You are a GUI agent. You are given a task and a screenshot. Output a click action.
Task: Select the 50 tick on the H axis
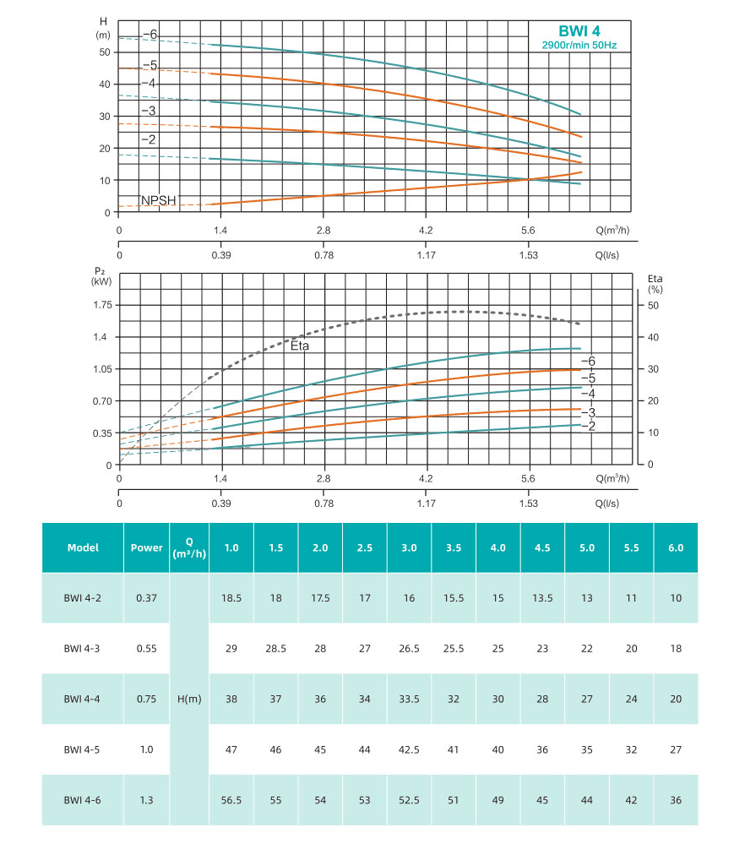click(104, 52)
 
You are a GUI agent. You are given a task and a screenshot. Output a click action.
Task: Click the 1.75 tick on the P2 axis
click(101, 305)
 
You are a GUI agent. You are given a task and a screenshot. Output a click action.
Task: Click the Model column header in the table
click(83, 547)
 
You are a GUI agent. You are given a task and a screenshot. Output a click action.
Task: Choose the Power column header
click(147, 547)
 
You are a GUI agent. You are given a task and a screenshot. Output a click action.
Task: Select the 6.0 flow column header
click(676, 547)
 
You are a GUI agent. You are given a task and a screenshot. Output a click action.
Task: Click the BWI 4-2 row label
click(83, 597)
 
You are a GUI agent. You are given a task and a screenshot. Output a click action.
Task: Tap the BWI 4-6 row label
click(83, 800)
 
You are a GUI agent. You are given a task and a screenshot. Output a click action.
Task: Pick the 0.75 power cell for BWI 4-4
click(147, 699)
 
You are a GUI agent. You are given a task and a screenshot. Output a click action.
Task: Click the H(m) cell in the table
click(189, 699)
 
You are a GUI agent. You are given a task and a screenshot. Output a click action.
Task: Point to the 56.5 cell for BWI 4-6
click(231, 800)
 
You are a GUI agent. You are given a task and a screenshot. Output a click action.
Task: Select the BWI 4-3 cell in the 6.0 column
click(676, 648)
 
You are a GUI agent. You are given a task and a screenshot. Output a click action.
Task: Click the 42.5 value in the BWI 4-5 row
click(409, 749)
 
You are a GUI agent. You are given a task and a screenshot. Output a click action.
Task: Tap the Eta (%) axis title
click(655, 283)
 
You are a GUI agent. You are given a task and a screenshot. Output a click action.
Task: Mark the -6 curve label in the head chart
click(150, 35)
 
